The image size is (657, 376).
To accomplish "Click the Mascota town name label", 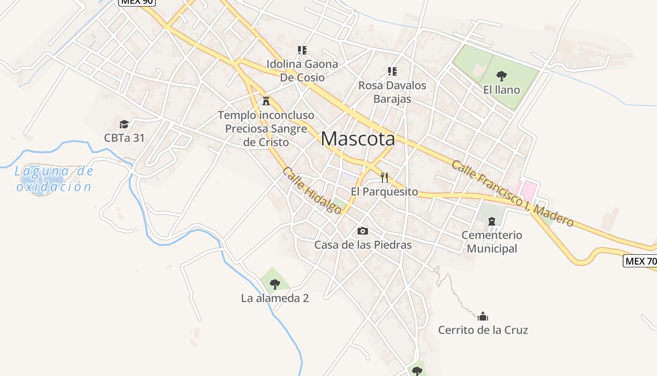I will pos(358,139).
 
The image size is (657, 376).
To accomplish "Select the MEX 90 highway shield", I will pos(137,2).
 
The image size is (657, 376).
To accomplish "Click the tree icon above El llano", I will pos(502,75).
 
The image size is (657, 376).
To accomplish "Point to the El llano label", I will pos(502,90).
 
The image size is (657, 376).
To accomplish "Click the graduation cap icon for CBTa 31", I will pos(124,124).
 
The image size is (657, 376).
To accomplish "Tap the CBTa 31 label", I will pos(124,138).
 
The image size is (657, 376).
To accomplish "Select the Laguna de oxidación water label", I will pos(54,179).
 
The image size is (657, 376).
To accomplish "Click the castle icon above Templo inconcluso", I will pos(266,100).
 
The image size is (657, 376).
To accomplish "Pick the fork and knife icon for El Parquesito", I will pos(384,177).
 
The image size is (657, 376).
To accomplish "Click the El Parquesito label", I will pos(384,191).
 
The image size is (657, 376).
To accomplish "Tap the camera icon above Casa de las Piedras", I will pos(363,231).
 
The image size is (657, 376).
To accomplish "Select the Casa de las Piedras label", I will pos(363,245).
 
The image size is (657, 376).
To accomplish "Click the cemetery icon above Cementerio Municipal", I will pos(492,221).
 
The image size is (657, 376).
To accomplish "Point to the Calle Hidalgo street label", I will pos(312,191).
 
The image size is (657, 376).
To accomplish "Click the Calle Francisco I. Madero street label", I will pos(512,193).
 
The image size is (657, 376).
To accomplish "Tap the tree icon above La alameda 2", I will pos(275,284).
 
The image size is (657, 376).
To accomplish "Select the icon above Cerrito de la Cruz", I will pos(483,316).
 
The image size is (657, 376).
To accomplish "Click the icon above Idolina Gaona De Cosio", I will pos(302,50).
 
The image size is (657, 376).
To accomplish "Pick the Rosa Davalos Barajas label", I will pos(392,92).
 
